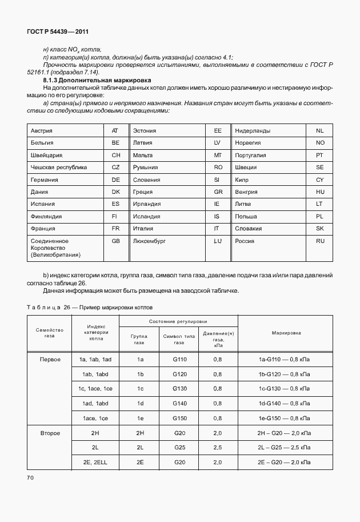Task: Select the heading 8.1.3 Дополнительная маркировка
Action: click(x=93, y=81)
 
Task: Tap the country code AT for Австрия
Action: click(x=115, y=131)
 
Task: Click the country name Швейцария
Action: click(x=46, y=155)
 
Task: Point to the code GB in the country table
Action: click(x=115, y=241)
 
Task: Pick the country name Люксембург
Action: click(x=149, y=241)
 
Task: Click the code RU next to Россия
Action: click(x=320, y=241)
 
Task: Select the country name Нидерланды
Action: click(x=253, y=131)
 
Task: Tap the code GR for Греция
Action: click(x=217, y=192)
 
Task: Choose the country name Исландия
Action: click(x=147, y=217)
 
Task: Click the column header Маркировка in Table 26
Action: click(x=287, y=332)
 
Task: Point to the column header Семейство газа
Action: click(x=49, y=333)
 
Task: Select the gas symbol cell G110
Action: click(x=179, y=360)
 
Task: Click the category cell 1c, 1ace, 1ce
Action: click(x=95, y=389)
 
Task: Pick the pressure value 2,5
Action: click(x=217, y=447)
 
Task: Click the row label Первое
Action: click(x=50, y=360)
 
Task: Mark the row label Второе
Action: click(x=50, y=433)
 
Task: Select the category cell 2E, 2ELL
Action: click(x=95, y=461)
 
